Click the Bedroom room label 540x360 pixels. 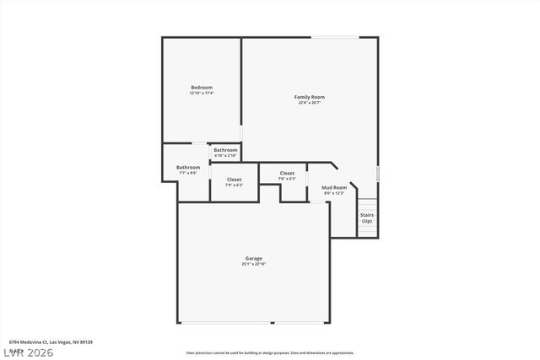point(201,88)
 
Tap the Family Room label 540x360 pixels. point(309,97)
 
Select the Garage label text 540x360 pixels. point(253,258)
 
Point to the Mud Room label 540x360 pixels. point(334,187)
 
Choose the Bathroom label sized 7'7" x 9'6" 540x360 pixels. point(187,167)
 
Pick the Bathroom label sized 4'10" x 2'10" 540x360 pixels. point(225,150)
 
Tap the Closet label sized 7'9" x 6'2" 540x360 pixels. point(234,180)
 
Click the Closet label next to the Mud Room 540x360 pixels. point(287,173)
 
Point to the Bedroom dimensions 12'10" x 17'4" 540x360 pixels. point(201,93)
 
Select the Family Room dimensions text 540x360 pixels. point(309,103)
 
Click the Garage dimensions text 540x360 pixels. point(253,264)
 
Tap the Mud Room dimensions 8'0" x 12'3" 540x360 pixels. point(334,193)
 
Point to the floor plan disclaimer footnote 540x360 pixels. point(270,352)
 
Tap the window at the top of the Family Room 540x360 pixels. point(342,37)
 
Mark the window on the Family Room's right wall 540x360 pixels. point(378,173)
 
